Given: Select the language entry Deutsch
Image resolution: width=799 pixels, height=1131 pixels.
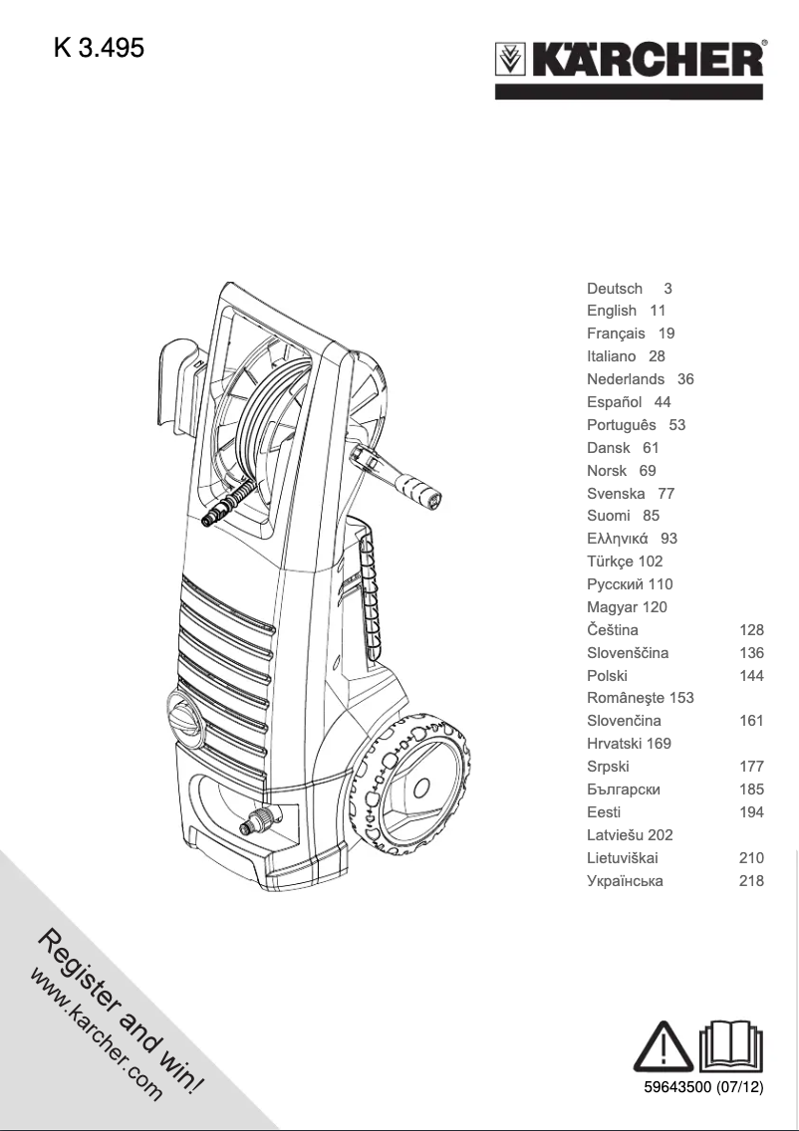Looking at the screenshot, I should click(615, 288).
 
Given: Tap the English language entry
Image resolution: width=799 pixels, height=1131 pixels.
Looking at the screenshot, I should click(612, 311).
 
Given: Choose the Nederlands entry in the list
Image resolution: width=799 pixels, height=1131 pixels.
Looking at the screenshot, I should click(626, 379).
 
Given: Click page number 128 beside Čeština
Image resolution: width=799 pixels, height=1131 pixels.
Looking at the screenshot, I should click(751, 630).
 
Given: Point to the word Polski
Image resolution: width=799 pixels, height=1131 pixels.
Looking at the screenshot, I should click(607, 676).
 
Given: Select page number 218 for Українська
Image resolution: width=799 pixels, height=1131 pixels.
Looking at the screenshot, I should click(751, 881).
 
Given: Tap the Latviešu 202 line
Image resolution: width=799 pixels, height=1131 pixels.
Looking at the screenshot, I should click(630, 835).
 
